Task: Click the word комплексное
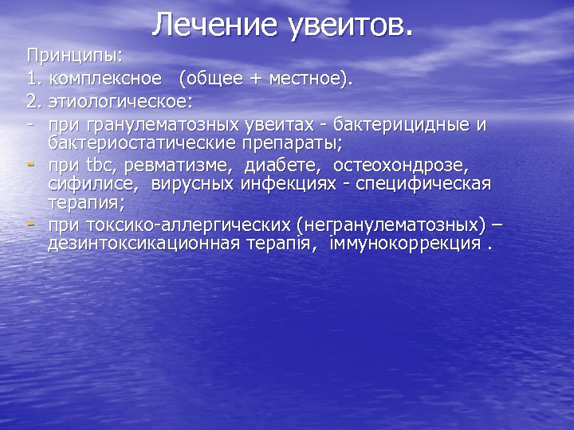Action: point(108,79)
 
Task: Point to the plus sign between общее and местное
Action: point(260,79)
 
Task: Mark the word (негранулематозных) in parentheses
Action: point(391,225)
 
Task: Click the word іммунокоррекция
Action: point(404,244)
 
